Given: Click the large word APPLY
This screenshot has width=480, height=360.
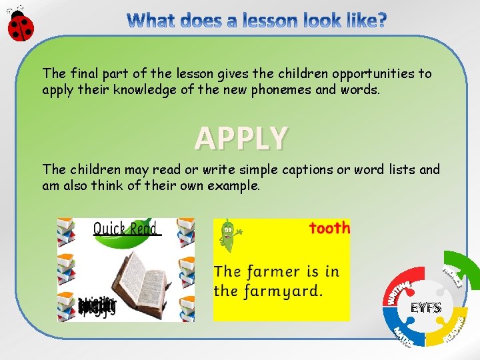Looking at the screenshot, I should click(x=241, y=138).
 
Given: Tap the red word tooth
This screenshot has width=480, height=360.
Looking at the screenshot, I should click(x=329, y=228).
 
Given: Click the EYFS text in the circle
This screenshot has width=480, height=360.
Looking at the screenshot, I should click(x=426, y=308).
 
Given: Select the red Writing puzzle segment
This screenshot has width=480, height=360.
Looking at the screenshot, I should click(x=401, y=288).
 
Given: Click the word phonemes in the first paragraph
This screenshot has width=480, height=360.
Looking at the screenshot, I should click(x=280, y=89).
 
